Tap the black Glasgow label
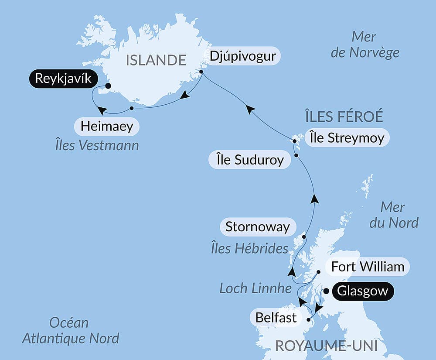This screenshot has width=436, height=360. [363, 291]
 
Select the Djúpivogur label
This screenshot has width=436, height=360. [243, 57]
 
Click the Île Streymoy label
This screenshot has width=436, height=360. [347, 138]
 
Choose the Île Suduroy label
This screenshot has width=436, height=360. [250, 160]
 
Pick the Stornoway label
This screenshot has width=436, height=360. [257, 227]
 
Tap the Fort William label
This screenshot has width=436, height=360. [368, 266]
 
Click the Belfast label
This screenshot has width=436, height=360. [276, 317]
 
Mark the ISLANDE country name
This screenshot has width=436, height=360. [156, 60]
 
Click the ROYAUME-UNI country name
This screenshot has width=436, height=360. [326, 346]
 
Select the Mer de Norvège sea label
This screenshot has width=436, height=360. [364, 45]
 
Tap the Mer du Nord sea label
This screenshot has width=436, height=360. [393, 215]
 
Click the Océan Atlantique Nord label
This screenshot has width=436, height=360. [70, 330]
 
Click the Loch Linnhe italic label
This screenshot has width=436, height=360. [255, 288]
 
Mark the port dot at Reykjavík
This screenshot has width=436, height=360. [108, 86]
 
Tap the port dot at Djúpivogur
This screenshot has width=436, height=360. [201, 72]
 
